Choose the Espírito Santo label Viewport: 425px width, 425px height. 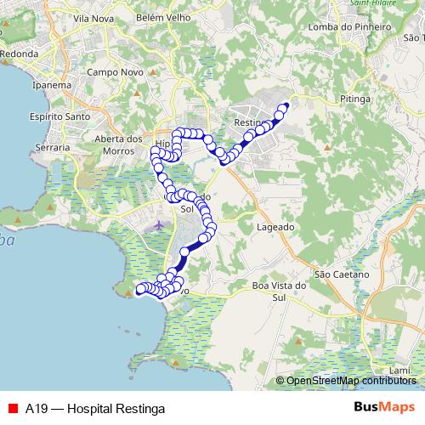[x=59, y=116]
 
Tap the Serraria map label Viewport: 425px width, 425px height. [x=53, y=148]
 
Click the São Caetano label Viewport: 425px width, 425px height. [x=342, y=275]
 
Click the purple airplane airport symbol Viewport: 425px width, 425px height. [x=161, y=225]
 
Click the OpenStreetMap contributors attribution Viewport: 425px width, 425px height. [x=351, y=381]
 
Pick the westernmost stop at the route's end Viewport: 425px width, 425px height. [x=140, y=291]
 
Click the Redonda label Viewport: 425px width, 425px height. [x=19, y=54]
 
